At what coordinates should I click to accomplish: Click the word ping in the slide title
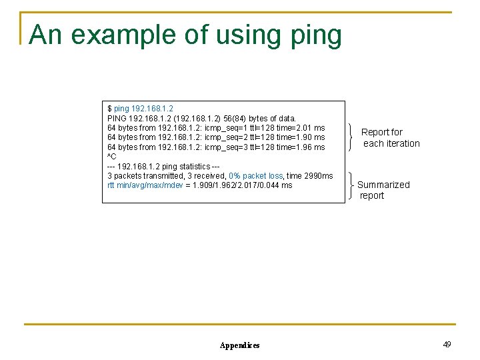(317, 35)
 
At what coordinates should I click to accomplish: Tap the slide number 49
(447, 344)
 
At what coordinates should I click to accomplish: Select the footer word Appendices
(239, 345)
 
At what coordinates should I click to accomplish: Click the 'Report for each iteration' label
(390, 138)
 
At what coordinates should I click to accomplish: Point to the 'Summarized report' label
(383, 190)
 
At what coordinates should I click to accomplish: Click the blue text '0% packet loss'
(256, 176)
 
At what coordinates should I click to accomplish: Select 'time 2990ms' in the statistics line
(311, 176)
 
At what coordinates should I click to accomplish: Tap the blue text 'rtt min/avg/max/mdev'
(145, 185)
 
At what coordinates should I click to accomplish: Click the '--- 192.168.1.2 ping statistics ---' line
(163, 166)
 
